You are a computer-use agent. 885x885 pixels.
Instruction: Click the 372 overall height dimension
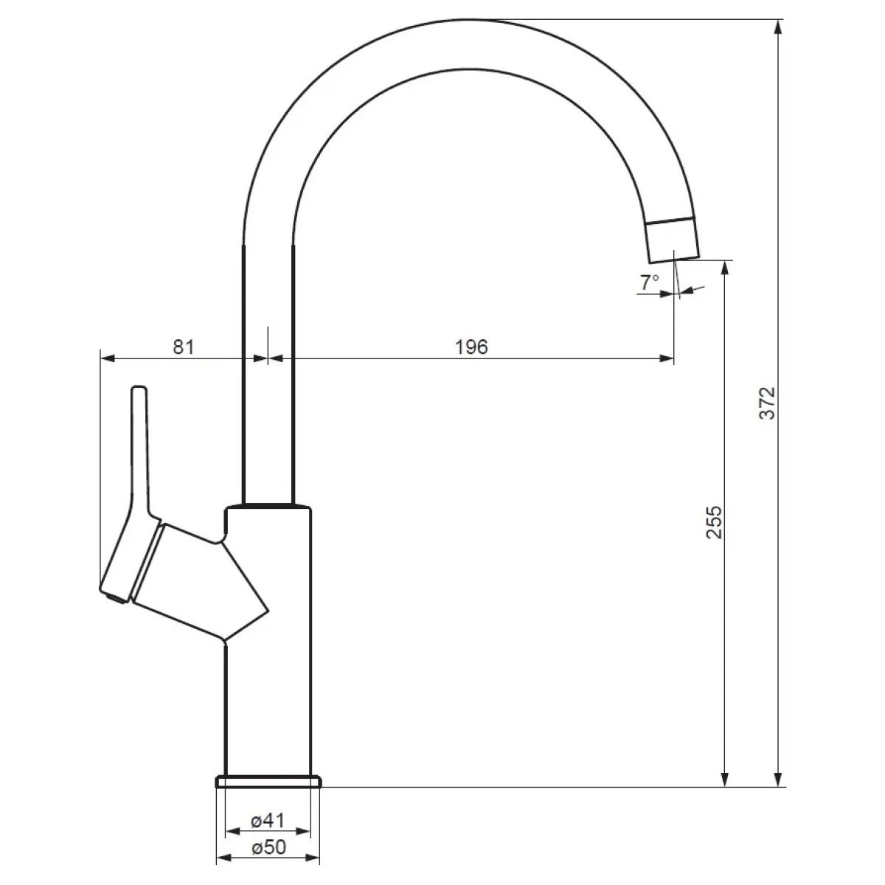click(x=767, y=403)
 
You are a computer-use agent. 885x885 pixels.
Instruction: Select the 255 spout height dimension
click(x=714, y=522)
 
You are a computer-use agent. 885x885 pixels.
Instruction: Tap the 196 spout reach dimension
click(x=472, y=347)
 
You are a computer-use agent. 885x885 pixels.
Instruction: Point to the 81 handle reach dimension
click(x=184, y=347)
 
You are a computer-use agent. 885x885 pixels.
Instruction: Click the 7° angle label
click(x=650, y=282)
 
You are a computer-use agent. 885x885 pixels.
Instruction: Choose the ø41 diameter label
click(x=268, y=820)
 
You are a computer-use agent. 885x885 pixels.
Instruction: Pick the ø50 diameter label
click(x=268, y=847)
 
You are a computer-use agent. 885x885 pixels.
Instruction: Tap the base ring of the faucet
click(x=268, y=781)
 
